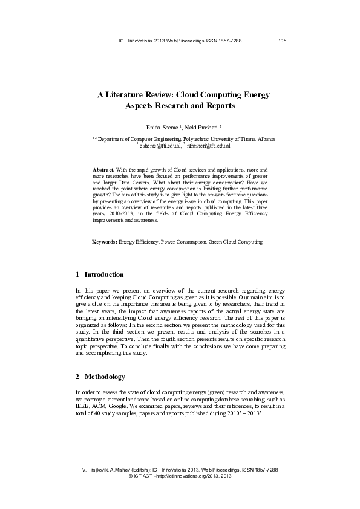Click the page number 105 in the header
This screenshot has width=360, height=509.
282,41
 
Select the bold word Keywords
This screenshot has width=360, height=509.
104,242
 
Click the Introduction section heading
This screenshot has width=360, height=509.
104,274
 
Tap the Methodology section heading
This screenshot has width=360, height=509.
105,377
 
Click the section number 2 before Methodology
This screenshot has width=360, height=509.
77,377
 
